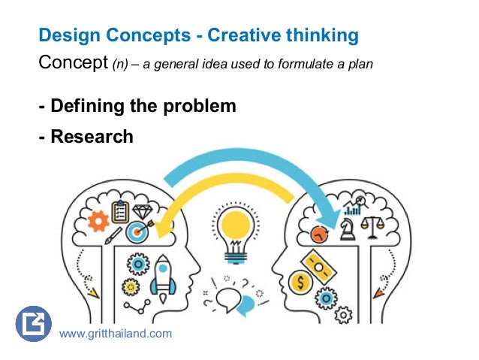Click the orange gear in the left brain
click(x=98, y=221)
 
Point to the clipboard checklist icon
click(x=119, y=211)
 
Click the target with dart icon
click(x=137, y=231)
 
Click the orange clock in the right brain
click(x=321, y=234)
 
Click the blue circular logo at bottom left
click(x=32, y=324)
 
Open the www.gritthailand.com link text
click(x=115, y=333)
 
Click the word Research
click(x=92, y=136)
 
